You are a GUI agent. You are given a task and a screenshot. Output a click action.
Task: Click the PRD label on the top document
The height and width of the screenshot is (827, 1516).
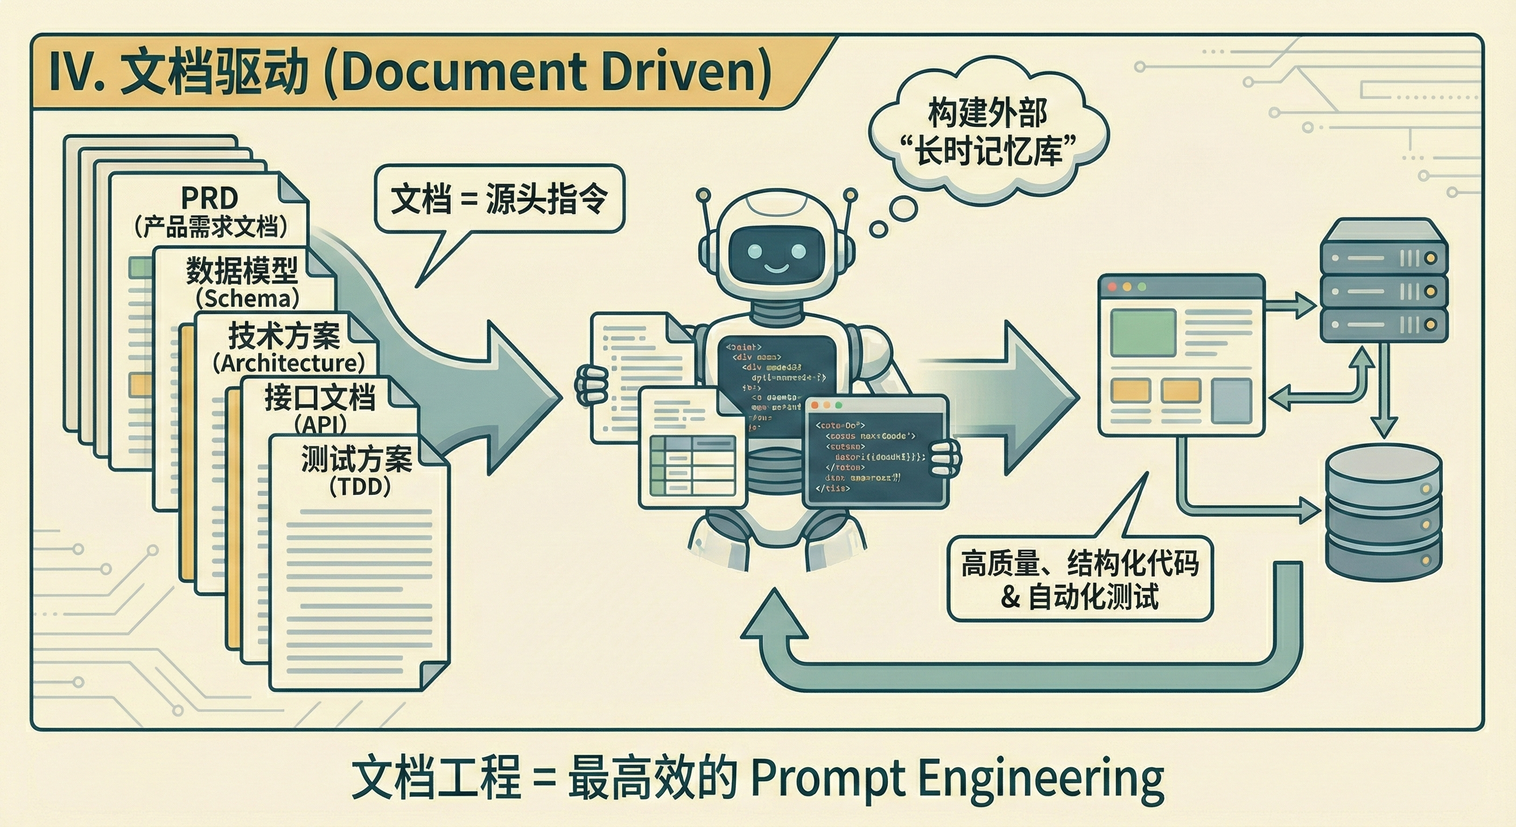click(x=209, y=198)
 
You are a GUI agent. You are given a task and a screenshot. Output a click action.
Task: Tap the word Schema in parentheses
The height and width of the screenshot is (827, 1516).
click(x=247, y=298)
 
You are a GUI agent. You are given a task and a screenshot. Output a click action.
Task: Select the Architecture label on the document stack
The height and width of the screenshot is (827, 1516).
click(x=289, y=362)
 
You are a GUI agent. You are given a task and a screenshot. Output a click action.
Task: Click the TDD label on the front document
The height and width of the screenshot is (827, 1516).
click(x=360, y=487)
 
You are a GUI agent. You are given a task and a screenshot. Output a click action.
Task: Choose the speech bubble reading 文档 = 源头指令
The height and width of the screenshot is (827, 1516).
click(x=499, y=199)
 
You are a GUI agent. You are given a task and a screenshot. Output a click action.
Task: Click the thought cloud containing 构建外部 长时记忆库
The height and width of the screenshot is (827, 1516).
click(x=989, y=132)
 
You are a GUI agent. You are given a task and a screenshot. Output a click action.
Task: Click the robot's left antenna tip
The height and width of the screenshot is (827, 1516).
click(x=703, y=194)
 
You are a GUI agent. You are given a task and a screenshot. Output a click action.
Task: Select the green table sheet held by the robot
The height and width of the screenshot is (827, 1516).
click(x=692, y=465)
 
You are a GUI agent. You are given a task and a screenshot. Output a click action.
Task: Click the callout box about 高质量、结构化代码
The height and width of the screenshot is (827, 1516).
click(x=1080, y=579)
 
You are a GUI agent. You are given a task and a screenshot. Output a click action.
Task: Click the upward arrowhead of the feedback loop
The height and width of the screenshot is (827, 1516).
click(x=775, y=615)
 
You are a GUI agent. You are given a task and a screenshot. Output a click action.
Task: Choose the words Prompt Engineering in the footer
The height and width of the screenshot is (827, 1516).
click(x=958, y=778)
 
